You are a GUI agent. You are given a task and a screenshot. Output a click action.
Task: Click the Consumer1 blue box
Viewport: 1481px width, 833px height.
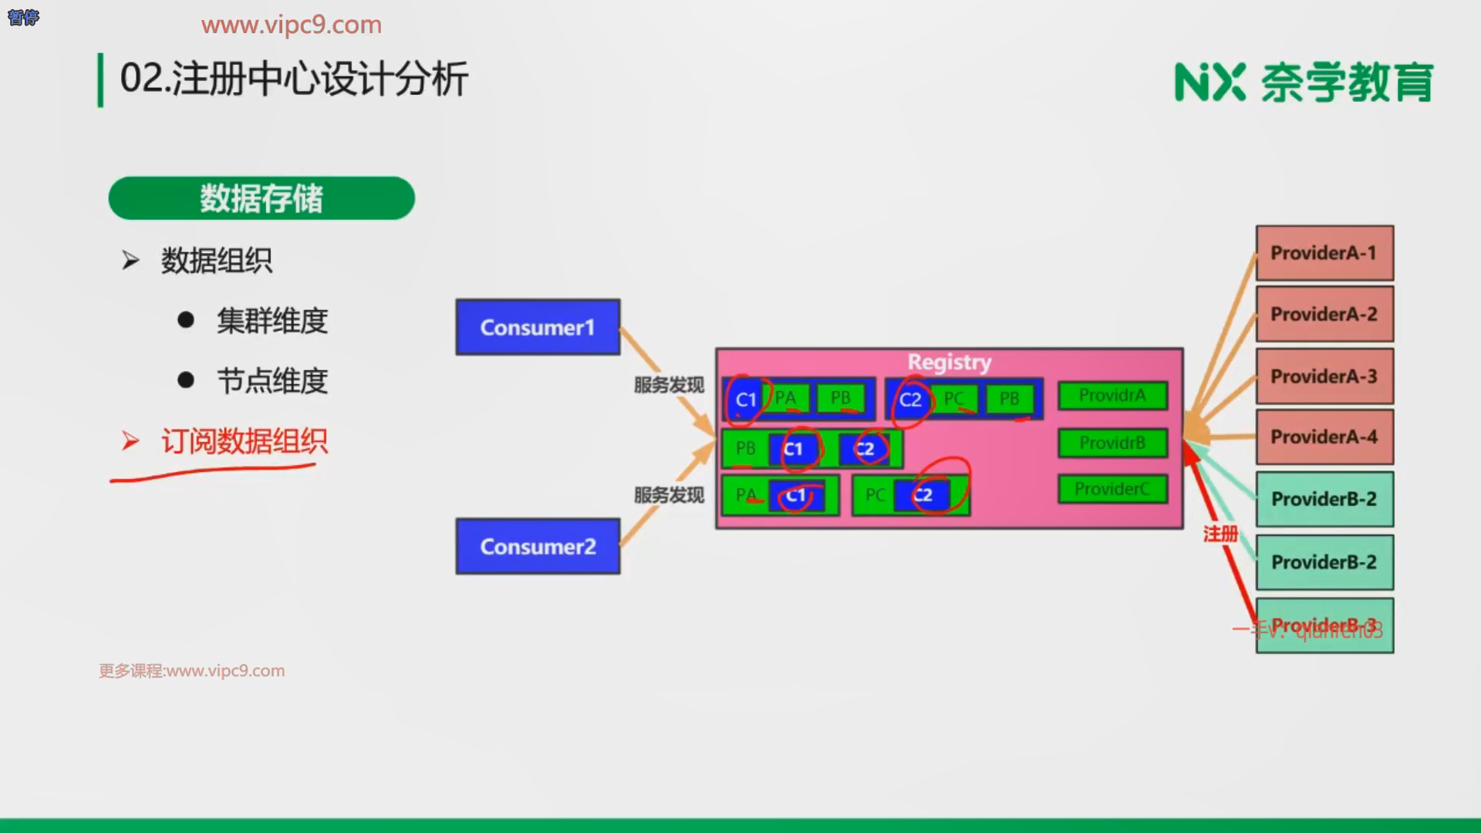[538, 327]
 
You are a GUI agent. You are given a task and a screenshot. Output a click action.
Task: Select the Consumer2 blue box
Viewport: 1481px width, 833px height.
[538, 546]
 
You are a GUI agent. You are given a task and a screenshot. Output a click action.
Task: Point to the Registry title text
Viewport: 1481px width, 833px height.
[949, 362]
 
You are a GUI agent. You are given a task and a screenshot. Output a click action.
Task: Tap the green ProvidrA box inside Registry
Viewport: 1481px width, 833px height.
[1112, 396]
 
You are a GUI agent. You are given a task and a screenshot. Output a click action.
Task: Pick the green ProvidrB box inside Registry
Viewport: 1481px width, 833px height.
[1112, 443]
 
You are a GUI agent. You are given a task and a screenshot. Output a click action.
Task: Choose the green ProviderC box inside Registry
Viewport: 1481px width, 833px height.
[1112, 489]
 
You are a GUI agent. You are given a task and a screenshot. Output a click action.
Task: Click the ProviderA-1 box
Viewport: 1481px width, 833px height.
[1324, 253]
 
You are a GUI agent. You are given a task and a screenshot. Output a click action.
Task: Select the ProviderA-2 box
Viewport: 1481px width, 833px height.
[1324, 314]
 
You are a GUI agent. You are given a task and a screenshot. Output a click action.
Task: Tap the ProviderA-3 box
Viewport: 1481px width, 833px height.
[1324, 376]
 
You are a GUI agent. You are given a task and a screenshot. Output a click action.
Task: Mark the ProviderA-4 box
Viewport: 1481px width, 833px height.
[1324, 437]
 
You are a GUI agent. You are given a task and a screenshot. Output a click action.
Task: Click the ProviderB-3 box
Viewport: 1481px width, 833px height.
[1324, 626]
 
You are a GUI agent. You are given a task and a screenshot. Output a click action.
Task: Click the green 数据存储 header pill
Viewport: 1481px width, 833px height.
[261, 198]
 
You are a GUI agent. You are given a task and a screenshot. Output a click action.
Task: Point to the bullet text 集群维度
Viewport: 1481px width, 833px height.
[272, 321]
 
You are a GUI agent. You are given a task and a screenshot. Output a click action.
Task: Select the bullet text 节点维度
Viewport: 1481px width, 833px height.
[272, 381]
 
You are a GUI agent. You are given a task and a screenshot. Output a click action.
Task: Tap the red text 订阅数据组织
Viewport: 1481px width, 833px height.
[244, 442]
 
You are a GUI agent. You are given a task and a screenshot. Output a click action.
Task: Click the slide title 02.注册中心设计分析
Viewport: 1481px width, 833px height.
[294, 79]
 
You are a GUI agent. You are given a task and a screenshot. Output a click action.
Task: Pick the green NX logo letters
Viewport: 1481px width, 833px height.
[1209, 83]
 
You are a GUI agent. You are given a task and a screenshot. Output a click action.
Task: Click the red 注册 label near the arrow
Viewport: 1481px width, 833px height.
[1220, 534]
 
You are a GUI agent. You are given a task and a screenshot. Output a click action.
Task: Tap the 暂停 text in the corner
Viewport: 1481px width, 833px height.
[23, 17]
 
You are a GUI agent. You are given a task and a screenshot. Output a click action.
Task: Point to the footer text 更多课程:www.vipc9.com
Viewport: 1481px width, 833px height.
[192, 671]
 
